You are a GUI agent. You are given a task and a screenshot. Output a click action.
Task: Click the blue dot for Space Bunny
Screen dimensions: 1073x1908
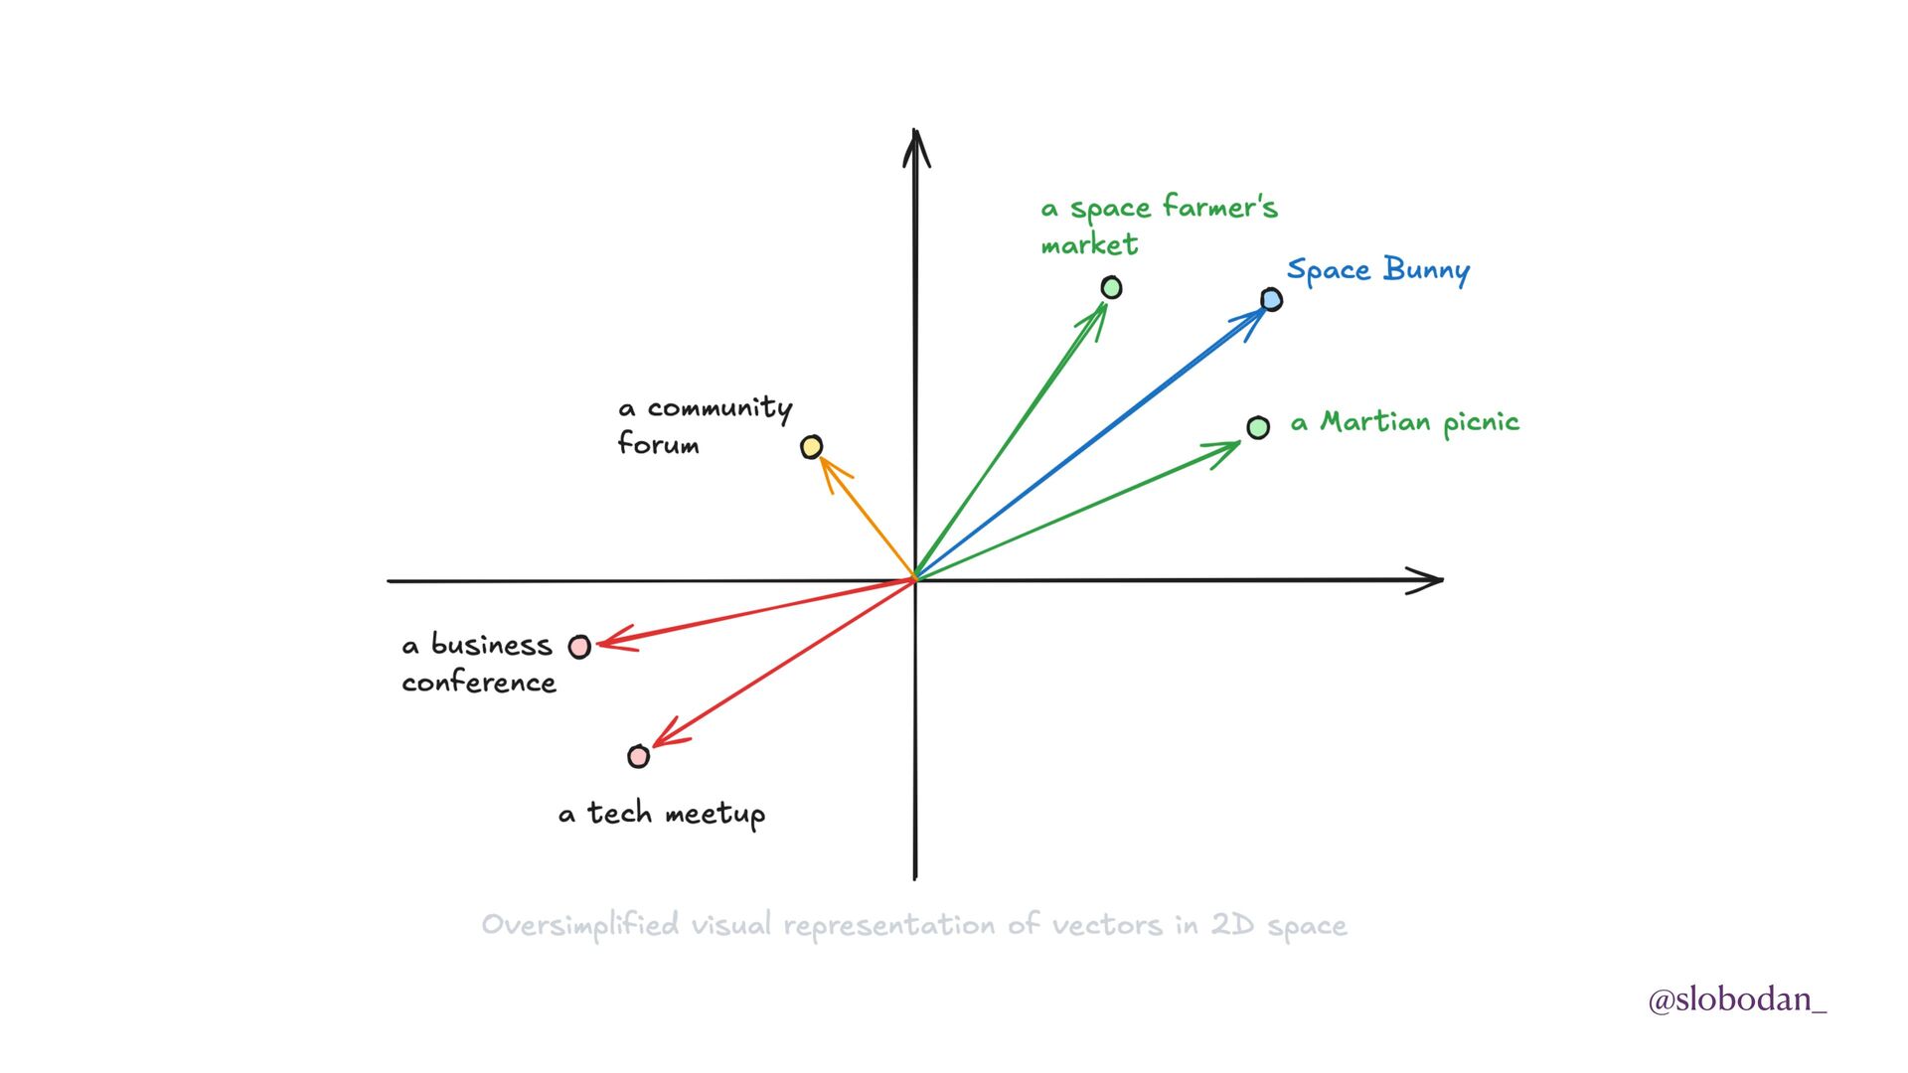[1271, 299]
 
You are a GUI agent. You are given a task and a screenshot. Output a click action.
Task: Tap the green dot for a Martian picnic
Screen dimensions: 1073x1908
[1258, 427]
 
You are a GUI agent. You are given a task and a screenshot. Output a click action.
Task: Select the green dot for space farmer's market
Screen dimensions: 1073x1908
[1111, 287]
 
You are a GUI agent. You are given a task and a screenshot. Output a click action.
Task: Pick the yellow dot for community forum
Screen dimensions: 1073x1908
[812, 447]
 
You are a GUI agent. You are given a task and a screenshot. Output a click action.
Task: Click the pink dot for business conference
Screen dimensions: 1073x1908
[579, 647]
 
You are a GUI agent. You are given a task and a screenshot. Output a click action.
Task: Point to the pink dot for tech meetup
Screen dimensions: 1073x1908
[639, 757]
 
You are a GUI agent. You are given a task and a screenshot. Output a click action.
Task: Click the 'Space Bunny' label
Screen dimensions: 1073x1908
[1377, 270]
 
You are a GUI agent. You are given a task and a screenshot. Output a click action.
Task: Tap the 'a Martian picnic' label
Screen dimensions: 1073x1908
[1404, 423]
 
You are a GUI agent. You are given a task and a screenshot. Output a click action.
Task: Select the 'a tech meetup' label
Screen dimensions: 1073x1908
[662, 815]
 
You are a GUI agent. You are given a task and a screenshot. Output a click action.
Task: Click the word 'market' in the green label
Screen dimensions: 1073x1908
[1089, 244]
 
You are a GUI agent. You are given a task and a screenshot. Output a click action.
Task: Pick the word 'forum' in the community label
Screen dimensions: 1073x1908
[658, 443]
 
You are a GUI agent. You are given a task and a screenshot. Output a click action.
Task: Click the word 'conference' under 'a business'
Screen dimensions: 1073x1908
[479, 683]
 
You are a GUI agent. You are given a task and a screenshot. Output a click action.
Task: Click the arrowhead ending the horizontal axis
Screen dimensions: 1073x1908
[1429, 580]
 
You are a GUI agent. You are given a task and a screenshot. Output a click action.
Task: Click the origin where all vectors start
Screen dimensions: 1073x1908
[915, 579]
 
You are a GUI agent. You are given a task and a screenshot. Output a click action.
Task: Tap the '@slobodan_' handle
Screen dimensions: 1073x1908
[1736, 999]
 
